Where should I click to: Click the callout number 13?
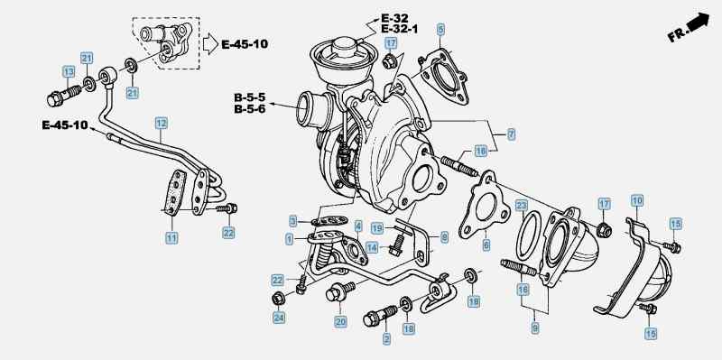click(69, 72)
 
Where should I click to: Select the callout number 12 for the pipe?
click(161, 124)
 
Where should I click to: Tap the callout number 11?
click(171, 238)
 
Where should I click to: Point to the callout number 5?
click(441, 31)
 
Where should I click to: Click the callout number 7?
click(511, 134)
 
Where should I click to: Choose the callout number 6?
click(486, 245)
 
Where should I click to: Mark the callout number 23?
click(521, 206)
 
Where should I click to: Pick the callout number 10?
click(637, 200)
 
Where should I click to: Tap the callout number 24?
click(278, 318)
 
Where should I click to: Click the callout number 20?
click(341, 322)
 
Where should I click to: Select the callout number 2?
click(387, 340)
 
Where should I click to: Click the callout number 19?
click(377, 228)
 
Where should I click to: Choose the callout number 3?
click(293, 221)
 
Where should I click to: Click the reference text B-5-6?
click(250, 109)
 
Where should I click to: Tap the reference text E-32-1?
click(399, 29)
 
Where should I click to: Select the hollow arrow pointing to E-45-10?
click(210, 44)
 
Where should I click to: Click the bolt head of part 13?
click(54, 99)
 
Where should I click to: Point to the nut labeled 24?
click(278, 299)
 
